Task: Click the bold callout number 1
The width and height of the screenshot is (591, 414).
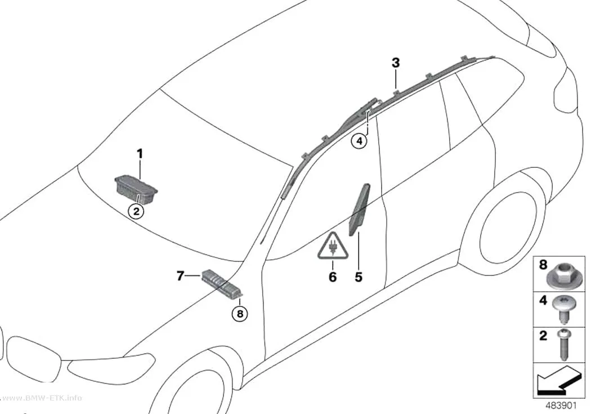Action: [x=140, y=154]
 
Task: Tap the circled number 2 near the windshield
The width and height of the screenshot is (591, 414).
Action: [x=136, y=211]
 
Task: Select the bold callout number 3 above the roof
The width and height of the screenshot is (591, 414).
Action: [x=395, y=63]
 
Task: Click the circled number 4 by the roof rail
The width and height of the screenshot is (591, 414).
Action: [x=359, y=141]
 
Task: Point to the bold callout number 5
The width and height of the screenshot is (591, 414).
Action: [x=359, y=277]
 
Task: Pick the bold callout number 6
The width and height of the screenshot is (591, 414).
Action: [x=333, y=277]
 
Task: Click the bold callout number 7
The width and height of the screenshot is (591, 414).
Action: [x=180, y=277]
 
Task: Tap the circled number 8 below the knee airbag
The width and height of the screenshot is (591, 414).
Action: [x=240, y=313]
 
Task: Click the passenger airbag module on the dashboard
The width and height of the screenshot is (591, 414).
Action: [x=136, y=189]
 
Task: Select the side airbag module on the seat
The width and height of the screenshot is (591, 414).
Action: [x=359, y=209]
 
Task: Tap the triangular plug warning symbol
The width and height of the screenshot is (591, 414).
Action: [x=333, y=247]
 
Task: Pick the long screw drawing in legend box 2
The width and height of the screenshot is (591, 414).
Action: [x=564, y=344]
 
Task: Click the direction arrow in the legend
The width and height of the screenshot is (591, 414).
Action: [x=557, y=379]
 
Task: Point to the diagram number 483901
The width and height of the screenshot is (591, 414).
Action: [x=561, y=406]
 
